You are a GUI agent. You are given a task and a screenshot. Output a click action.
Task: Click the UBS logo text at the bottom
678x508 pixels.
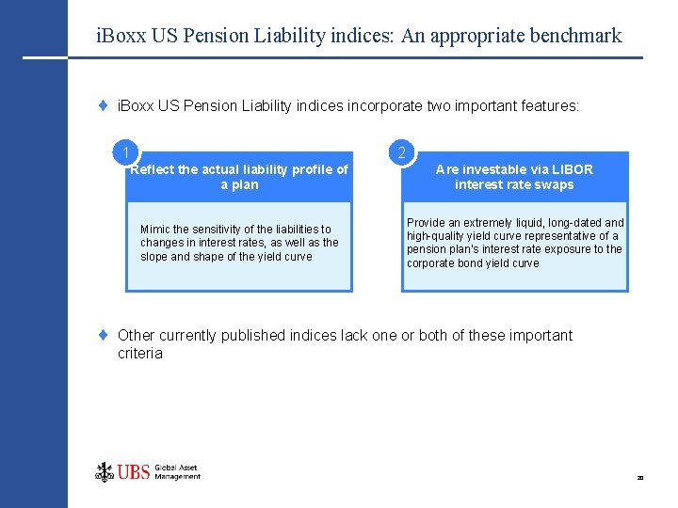point(134,471)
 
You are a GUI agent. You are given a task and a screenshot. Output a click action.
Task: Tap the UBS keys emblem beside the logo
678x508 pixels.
point(105,471)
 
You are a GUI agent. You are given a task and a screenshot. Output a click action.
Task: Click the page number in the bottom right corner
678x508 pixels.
point(639,479)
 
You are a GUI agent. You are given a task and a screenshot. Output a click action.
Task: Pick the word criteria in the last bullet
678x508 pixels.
point(140,354)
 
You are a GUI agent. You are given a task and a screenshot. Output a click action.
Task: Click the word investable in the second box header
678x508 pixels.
point(490,169)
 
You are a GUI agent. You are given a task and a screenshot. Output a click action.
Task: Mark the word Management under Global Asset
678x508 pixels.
point(177,476)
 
